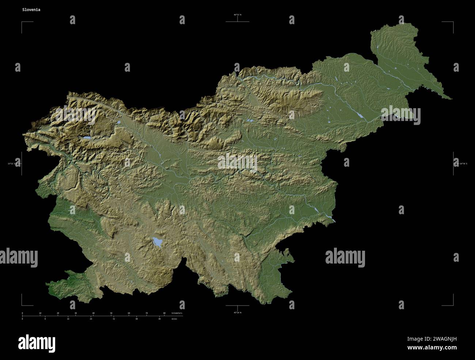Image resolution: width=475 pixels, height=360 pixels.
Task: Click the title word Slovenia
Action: coord(31,10)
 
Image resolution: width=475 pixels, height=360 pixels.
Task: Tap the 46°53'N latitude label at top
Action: coord(237,15)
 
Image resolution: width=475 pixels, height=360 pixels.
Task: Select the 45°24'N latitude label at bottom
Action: coord(237,312)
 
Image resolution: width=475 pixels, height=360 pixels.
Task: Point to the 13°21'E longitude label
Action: coord(14,163)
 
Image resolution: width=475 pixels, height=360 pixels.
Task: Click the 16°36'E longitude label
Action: coord(462,163)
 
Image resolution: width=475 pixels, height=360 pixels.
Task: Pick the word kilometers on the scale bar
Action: coord(176,313)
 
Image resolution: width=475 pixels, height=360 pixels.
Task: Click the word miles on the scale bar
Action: coord(175,319)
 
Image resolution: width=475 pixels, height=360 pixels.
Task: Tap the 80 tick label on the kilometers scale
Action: coord(164,313)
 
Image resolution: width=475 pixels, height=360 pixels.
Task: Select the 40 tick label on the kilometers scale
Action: coord(93,313)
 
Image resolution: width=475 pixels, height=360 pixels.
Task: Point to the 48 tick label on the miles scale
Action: coord(159,319)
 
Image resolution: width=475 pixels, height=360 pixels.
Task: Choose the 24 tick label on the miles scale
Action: coord(91,319)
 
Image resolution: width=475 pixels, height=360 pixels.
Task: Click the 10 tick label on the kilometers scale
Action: coord(40,313)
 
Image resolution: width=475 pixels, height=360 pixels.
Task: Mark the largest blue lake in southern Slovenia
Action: coord(157,242)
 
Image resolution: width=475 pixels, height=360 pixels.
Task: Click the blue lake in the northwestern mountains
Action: coord(86,138)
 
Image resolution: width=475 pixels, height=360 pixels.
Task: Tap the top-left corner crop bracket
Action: coord(23,23)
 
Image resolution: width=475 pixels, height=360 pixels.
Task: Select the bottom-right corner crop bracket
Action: coord(452,304)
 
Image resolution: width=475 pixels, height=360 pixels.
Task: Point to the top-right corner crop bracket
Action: coord(452,23)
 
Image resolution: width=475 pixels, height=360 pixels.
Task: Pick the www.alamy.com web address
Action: coord(433,348)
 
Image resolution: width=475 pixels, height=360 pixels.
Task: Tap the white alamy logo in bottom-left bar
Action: coord(37,343)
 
